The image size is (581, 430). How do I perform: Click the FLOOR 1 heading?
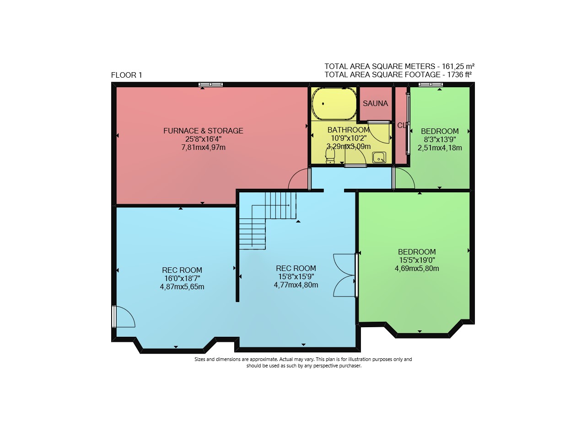click(x=126, y=75)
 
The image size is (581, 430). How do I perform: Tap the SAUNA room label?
click(x=375, y=103)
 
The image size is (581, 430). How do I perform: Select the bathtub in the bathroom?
click(x=334, y=104)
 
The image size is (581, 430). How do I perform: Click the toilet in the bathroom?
click(x=330, y=156)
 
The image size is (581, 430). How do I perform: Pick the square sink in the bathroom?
click(x=379, y=158)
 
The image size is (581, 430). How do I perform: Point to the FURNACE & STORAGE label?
click(x=203, y=131)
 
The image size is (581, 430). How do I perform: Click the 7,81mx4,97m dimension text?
click(x=203, y=147)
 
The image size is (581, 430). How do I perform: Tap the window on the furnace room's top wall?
click(x=210, y=84)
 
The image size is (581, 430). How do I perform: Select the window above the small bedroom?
click(x=430, y=84)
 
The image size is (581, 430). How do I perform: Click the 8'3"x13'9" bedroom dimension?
click(x=440, y=139)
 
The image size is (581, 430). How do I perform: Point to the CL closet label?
click(x=402, y=126)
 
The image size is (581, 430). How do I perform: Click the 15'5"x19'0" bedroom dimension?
click(x=417, y=260)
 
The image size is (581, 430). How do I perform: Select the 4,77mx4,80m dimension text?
click(x=296, y=285)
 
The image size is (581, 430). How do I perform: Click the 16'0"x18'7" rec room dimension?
click(x=182, y=278)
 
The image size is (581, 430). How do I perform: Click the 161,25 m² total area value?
click(x=458, y=66)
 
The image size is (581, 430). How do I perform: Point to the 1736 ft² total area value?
click(x=459, y=74)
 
